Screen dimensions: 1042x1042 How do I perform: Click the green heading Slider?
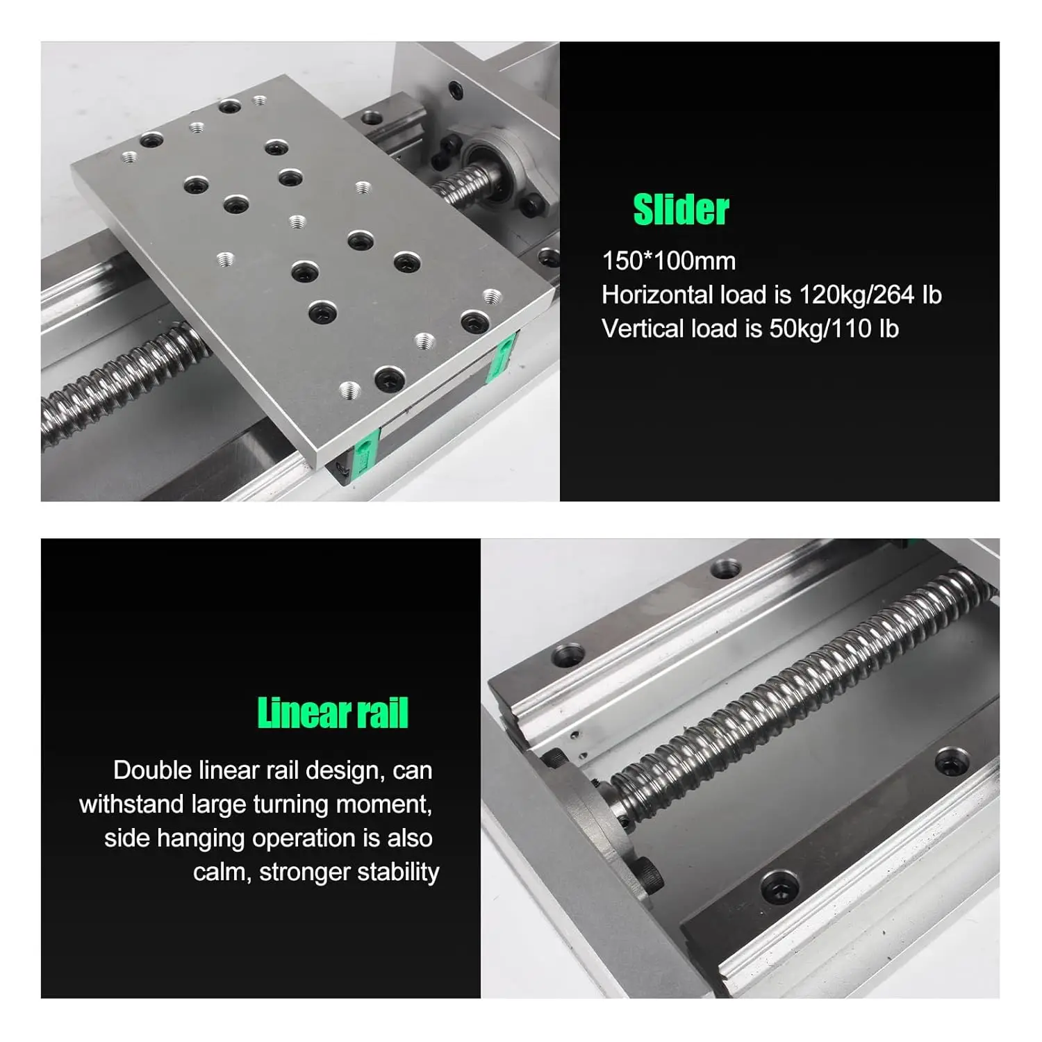point(680,210)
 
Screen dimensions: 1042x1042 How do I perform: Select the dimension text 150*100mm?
point(668,261)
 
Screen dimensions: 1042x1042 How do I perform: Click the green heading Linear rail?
point(333,713)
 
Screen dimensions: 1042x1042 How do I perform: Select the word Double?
point(152,770)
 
